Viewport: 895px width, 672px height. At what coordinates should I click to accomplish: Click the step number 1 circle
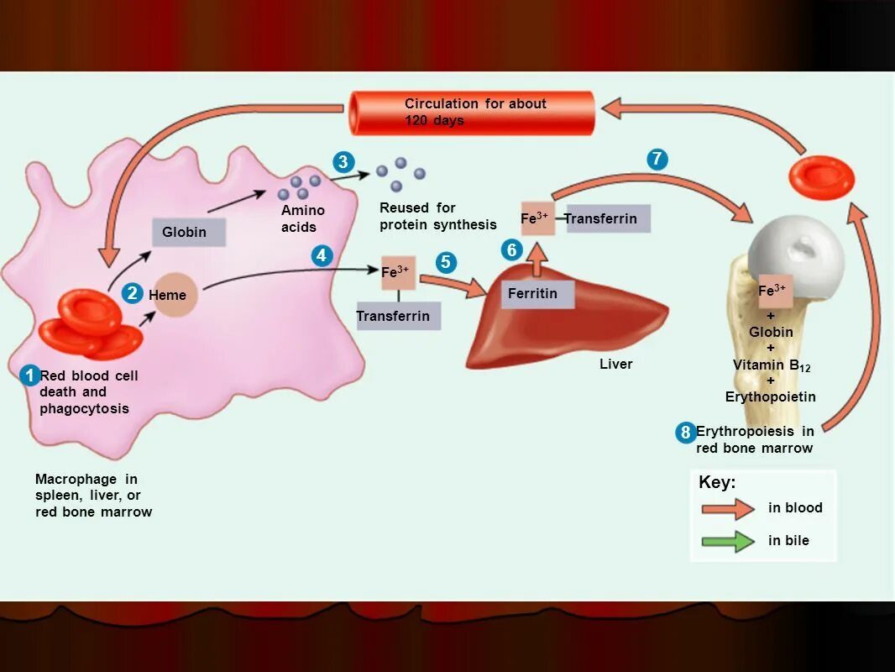tap(29, 375)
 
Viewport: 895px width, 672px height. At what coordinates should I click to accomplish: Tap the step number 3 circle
tap(343, 162)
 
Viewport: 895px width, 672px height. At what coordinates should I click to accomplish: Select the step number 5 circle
tap(446, 263)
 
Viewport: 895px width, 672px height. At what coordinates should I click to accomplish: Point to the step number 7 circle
tap(657, 160)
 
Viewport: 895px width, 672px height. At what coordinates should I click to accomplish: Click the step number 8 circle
tap(686, 433)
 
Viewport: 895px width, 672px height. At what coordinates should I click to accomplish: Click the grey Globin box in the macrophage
tap(188, 232)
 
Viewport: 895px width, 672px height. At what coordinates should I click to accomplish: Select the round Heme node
tap(174, 296)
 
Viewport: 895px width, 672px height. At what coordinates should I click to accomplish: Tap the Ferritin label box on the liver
tap(537, 294)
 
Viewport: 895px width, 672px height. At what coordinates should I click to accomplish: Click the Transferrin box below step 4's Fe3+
tap(398, 316)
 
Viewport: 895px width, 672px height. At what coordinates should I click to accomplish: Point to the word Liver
tap(615, 364)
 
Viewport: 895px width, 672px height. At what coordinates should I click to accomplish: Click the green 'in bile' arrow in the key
tap(728, 542)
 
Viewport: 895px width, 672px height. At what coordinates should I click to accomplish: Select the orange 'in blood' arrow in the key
tap(728, 508)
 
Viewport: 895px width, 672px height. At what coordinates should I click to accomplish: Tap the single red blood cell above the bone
tap(822, 177)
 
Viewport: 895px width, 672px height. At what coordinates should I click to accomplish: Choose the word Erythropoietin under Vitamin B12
tap(770, 396)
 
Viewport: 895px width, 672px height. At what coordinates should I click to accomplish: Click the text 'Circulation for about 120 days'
tap(475, 112)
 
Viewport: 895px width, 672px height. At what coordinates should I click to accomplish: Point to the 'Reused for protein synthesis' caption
tap(437, 216)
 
